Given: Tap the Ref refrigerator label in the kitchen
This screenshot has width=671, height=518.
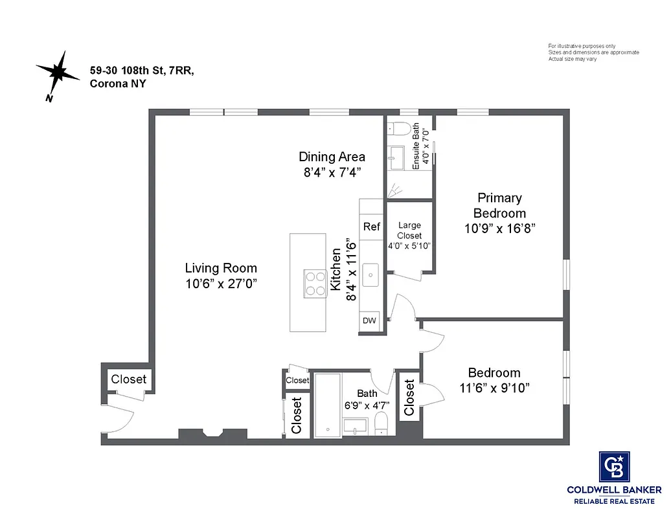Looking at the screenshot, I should pyautogui.click(x=371, y=227).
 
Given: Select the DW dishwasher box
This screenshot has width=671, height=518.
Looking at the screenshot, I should pyautogui.click(x=369, y=320).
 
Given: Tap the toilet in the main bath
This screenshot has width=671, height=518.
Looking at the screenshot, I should pyautogui.click(x=381, y=425).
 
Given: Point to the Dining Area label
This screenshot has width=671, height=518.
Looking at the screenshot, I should pyautogui.click(x=332, y=157).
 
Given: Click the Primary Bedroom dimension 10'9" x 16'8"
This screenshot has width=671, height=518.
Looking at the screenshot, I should pyautogui.click(x=499, y=228).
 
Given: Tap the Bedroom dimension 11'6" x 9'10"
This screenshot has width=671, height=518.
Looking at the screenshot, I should pyautogui.click(x=494, y=388).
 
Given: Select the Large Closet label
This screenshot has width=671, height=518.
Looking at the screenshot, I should pyautogui.click(x=409, y=231).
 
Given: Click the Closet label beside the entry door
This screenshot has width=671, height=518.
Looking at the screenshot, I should pyautogui.click(x=129, y=379).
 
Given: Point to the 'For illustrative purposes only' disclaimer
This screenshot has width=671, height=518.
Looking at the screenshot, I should pyautogui.click(x=582, y=46).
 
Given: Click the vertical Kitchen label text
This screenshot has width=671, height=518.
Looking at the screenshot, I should pyautogui.click(x=335, y=269).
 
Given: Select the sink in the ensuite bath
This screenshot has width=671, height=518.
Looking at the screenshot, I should pyautogui.click(x=396, y=155).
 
